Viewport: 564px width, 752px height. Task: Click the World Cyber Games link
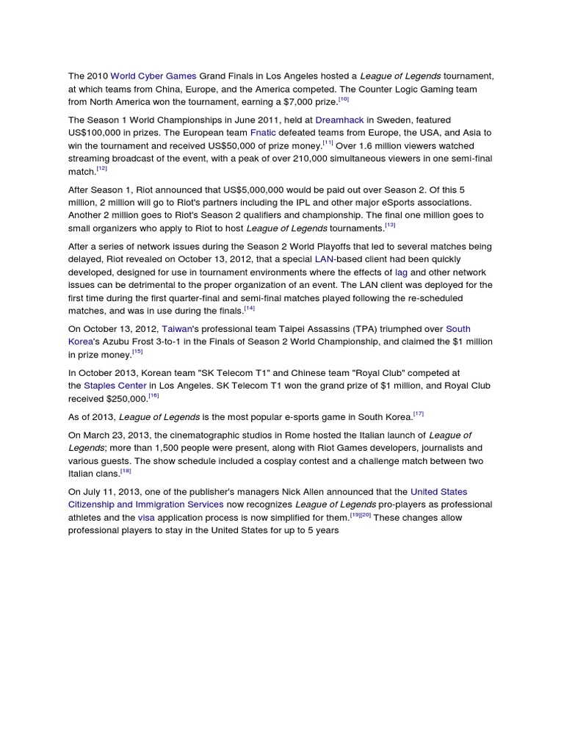pyautogui.click(x=153, y=76)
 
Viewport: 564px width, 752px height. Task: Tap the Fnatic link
pyautogui.click(x=262, y=132)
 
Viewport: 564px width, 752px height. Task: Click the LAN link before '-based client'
pyautogui.click(x=324, y=259)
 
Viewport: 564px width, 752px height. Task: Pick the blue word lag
pyautogui.click(x=401, y=272)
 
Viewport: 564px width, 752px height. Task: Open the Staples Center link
pyautogui.click(x=115, y=386)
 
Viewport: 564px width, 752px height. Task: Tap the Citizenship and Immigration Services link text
pyautogui.click(x=146, y=505)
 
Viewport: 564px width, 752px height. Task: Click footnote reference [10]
pyautogui.click(x=344, y=99)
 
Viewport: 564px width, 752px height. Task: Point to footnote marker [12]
pyautogui.click(x=102, y=169)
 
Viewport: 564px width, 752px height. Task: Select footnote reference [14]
pyautogui.click(x=250, y=308)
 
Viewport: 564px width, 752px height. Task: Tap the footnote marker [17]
pyautogui.click(x=419, y=414)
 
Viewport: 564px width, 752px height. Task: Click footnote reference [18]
pyautogui.click(x=125, y=471)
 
